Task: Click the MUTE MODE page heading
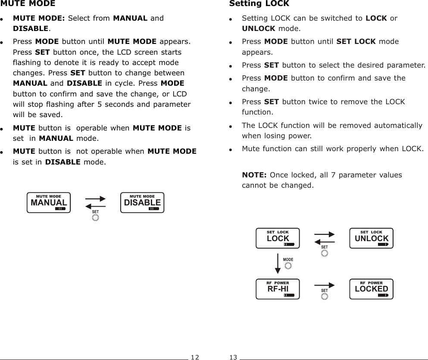(x=28, y=4)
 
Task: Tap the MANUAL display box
(x=48, y=203)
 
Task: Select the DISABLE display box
(x=142, y=203)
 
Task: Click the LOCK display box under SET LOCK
(x=278, y=239)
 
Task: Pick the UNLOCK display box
(x=371, y=239)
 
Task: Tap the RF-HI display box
(x=278, y=289)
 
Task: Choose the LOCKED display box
(x=371, y=289)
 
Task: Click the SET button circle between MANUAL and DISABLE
(x=95, y=217)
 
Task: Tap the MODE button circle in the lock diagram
(x=288, y=266)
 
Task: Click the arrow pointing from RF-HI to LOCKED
(x=325, y=285)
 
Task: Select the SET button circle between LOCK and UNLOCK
(x=325, y=253)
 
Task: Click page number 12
(x=195, y=357)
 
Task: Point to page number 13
(x=233, y=357)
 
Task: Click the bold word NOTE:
(x=254, y=175)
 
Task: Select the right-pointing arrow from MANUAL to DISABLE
(x=95, y=199)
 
